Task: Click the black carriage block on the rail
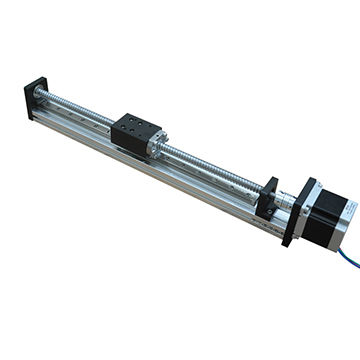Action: tap(134, 131)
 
